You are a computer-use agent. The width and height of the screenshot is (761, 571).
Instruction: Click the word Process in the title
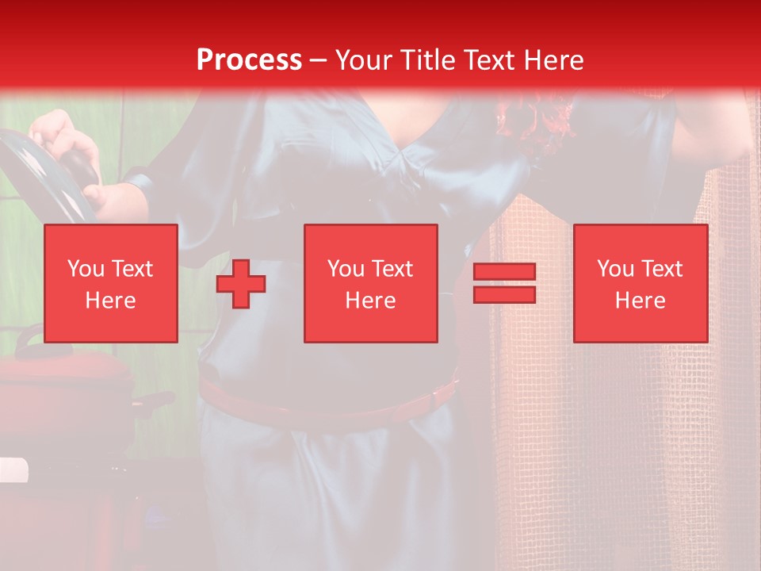point(249,60)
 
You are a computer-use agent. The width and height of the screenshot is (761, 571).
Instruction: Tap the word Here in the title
point(549,60)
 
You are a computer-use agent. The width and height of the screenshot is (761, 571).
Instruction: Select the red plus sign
point(241,283)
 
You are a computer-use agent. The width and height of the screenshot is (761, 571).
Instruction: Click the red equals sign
point(504,283)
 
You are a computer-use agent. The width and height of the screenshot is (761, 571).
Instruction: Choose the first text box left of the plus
point(110,283)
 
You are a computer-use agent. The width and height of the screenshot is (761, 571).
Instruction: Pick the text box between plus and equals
point(370,283)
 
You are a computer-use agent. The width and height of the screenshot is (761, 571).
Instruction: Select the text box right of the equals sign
point(640,283)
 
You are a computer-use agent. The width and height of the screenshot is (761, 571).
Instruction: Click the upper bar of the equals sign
point(504,272)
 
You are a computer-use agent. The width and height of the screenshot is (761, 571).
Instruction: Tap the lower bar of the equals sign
point(504,294)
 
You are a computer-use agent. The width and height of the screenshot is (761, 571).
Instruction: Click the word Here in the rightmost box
point(640,301)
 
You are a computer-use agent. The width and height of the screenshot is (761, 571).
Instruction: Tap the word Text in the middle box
point(393,269)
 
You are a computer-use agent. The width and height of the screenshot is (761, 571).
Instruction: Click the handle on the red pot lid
point(32,337)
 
